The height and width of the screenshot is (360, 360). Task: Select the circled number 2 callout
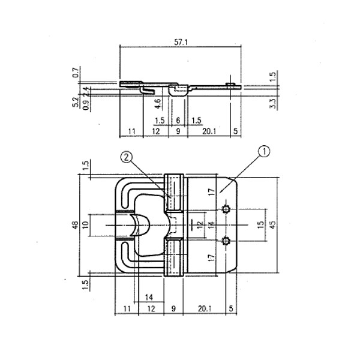point(126,157)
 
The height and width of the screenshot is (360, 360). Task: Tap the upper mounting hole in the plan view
point(226,209)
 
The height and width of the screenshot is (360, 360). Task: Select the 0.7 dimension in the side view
point(76,73)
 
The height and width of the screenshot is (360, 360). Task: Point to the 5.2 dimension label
point(76,101)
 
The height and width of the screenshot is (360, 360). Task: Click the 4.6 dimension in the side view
point(157,102)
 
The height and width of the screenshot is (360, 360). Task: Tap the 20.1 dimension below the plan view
point(204,308)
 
